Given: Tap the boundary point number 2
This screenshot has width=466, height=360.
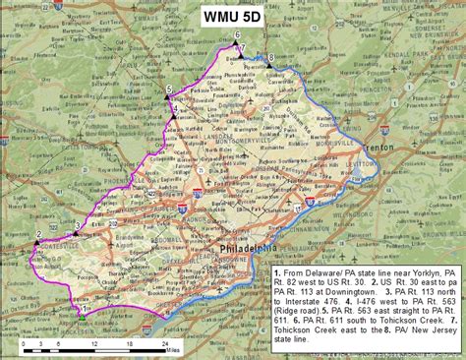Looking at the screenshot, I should pos(38,235).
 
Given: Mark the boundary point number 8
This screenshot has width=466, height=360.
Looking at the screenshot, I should pos(271,58).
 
